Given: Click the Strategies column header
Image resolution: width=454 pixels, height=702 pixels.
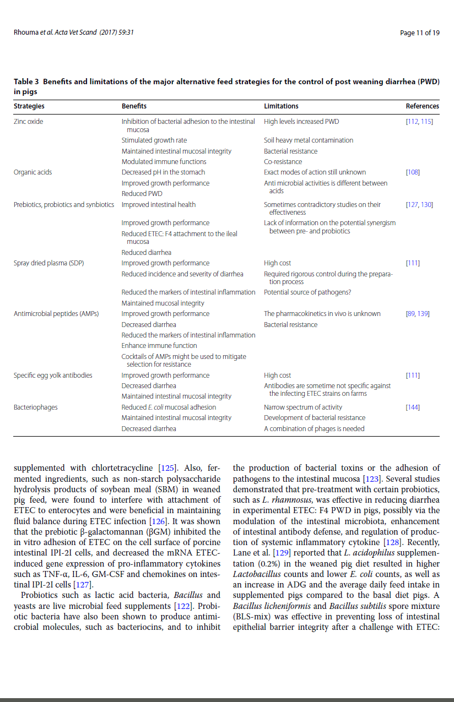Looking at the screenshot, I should click(x=29, y=106).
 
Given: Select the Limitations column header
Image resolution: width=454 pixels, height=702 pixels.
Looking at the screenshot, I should click(x=281, y=106).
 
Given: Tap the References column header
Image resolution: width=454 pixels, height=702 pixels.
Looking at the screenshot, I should click(x=422, y=106).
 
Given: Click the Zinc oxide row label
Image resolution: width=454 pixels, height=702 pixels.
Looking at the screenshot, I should click(x=28, y=121).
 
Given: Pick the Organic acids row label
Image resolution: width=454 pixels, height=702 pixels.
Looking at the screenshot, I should click(x=33, y=172).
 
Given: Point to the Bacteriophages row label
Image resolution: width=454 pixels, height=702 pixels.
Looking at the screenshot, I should click(x=35, y=407).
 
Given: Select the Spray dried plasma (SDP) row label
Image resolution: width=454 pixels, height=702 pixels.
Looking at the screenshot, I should click(x=48, y=263).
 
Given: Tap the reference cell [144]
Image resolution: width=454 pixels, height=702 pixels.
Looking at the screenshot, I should click(x=412, y=407).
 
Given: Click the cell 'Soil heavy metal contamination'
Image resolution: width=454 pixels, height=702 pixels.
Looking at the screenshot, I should click(x=309, y=140).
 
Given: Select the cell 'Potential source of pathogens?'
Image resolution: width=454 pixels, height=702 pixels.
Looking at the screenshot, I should click(x=307, y=292).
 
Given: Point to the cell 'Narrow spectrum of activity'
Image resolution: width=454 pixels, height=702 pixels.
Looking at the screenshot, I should click(x=303, y=407).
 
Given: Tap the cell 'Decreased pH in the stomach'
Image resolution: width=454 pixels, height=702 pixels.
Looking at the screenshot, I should click(x=163, y=172).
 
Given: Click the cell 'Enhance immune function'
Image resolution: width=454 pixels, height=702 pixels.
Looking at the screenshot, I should click(x=159, y=346).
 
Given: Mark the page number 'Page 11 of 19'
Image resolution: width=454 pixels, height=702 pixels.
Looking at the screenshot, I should click(x=420, y=32).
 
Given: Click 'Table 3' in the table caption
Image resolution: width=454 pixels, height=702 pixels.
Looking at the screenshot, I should click(x=26, y=82).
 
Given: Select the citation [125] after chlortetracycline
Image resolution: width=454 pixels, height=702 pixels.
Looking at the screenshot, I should click(x=167, y=469).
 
